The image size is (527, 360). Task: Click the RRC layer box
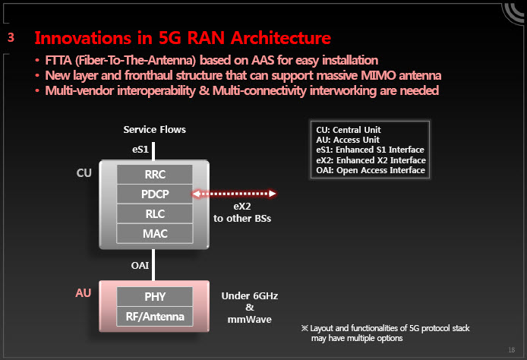[155, 174]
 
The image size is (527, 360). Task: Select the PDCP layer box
[155, 194]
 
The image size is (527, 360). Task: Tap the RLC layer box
[155, 213]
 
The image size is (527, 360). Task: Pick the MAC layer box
[155, 234]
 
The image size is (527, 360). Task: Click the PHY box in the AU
[155, 296]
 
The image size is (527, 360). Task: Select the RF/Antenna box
[155, 316]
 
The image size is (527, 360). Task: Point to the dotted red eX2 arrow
[234, 194]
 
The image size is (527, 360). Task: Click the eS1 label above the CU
[140, 149]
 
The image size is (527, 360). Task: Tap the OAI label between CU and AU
[140, 266]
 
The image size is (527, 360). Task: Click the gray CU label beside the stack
[84, 172]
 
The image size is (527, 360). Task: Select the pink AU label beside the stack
[84, 292]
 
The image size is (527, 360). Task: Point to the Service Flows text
[155, 129]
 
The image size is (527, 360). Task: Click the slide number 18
[512, 350]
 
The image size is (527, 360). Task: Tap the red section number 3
[11, 37]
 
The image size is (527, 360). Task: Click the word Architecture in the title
[281, 38]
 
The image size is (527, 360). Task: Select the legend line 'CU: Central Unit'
[349, 130]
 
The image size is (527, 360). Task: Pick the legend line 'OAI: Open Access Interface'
[371, 170]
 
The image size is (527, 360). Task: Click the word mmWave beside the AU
[249, 319]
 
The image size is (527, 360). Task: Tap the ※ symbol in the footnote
[305, 328]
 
